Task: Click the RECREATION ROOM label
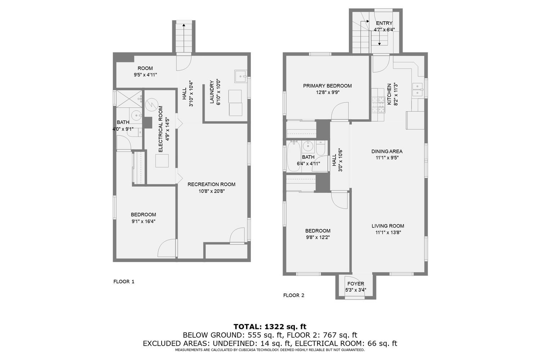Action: [x=211, y=184]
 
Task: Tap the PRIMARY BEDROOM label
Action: [x=327, y=86]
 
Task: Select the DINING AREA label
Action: [x=387, y=151]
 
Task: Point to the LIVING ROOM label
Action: [x=388, y=226]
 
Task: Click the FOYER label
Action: [x=356, y=284]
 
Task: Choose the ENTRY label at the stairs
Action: [x=384, y=23]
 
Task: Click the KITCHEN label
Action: [x=389, y=94]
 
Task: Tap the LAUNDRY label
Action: [x=212, y=93]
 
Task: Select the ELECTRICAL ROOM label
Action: [x=161, y=129]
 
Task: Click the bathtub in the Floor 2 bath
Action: [x=292, y=156]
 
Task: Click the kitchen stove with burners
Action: [x=378, y=104]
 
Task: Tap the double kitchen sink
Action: [x=418, y=89]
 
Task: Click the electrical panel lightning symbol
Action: [x=152, y=105]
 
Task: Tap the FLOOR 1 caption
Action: [x=124, y=282]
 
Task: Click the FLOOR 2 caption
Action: [x=294, y=295]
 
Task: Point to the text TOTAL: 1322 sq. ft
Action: [x=270, y=327]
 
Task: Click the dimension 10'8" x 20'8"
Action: [x=211, y=191]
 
